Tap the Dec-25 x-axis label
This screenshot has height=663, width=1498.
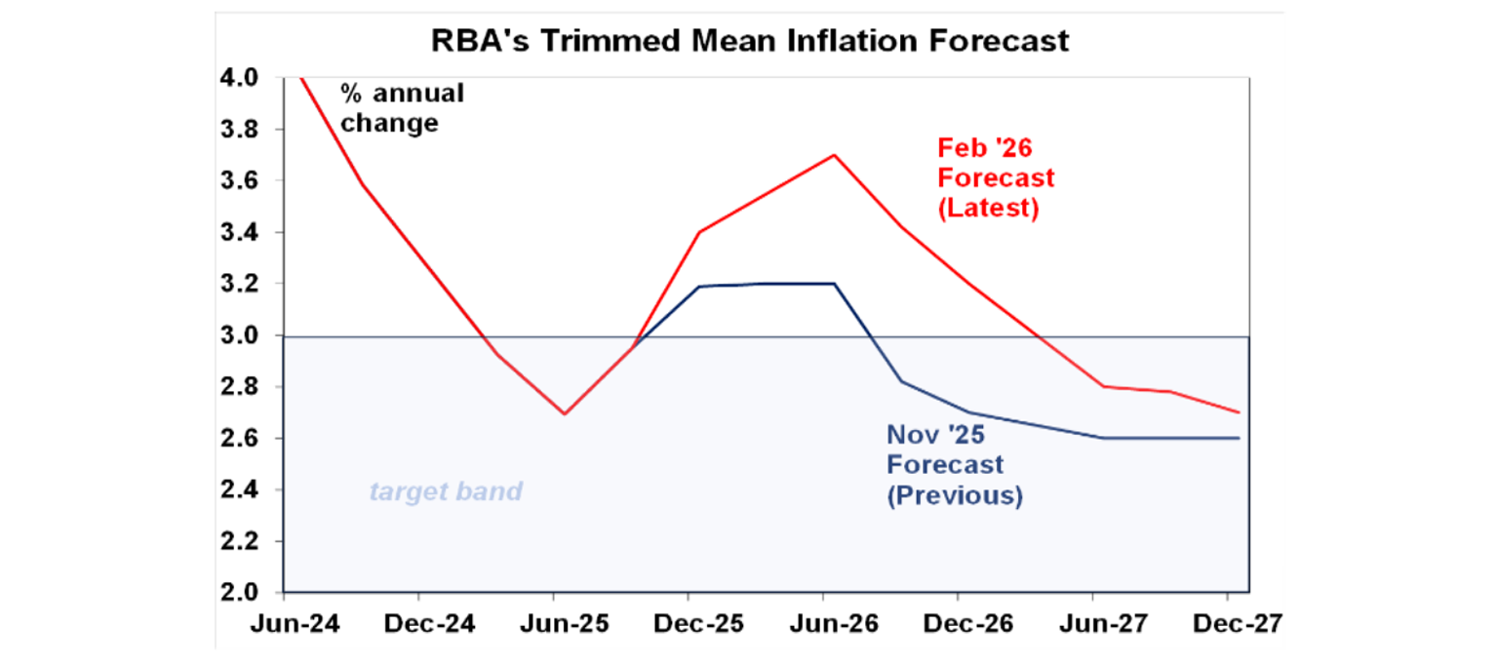pyautogui.click(x=690, y=624)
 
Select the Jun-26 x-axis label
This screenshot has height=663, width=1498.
pyautogui.click(x=824, y=624)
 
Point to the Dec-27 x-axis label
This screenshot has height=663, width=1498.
pyautogui.click(x=1227, y=624)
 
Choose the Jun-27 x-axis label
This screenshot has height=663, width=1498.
pyautogui.click(x=1093, y=624)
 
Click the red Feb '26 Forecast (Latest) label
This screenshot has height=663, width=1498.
pyautogui.click(x=995, y=178)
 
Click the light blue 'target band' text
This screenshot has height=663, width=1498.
pyautogui.click(x=446, y=491)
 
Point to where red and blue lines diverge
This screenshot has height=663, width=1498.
pyautogui.click(x=635, y=346)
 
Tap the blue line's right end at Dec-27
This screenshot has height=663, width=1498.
pyautogui.click(x=1239, y=438)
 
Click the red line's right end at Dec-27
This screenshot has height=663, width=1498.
pyautogui.click(x=1239, y=412)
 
